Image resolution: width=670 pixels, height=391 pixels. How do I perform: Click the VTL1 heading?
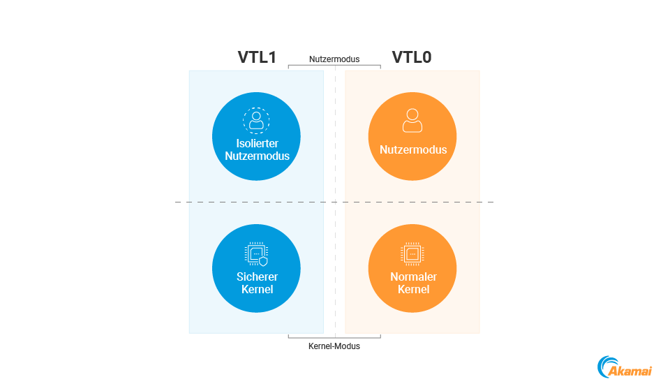point(257,57)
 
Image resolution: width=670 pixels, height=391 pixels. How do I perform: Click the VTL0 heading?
point(411,57)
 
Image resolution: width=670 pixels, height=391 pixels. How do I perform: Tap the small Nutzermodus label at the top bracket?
point(334,59)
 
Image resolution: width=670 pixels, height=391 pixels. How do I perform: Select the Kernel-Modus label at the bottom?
point(334,346)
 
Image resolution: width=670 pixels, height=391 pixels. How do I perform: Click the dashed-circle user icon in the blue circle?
point(256,120)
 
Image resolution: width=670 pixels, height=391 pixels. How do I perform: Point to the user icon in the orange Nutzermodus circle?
point(412,120)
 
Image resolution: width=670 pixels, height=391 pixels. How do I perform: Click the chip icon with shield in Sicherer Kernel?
point(256,255)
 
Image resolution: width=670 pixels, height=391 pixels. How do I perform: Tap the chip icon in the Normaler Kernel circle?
point(412,254)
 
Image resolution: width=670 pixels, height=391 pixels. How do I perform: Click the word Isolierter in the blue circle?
point(257,144)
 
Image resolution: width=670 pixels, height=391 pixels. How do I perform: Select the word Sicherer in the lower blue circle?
point(257,277)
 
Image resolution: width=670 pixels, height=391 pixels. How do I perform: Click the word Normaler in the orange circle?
point(413,277)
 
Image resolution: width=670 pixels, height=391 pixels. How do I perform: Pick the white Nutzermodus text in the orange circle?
point(413,149)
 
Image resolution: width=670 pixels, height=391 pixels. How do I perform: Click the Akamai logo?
point(625,367)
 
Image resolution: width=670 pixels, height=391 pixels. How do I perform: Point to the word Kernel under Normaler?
point(413,289)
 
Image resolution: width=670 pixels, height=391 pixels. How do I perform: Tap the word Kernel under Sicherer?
point(257,289)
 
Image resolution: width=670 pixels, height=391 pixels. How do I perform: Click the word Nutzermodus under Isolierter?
point(257,156)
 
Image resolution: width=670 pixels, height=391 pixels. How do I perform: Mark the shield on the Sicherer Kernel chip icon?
point(263,262)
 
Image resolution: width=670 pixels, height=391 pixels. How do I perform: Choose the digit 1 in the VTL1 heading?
point(272,57)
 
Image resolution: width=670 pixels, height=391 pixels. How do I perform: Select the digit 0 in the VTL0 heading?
point(426,57)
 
